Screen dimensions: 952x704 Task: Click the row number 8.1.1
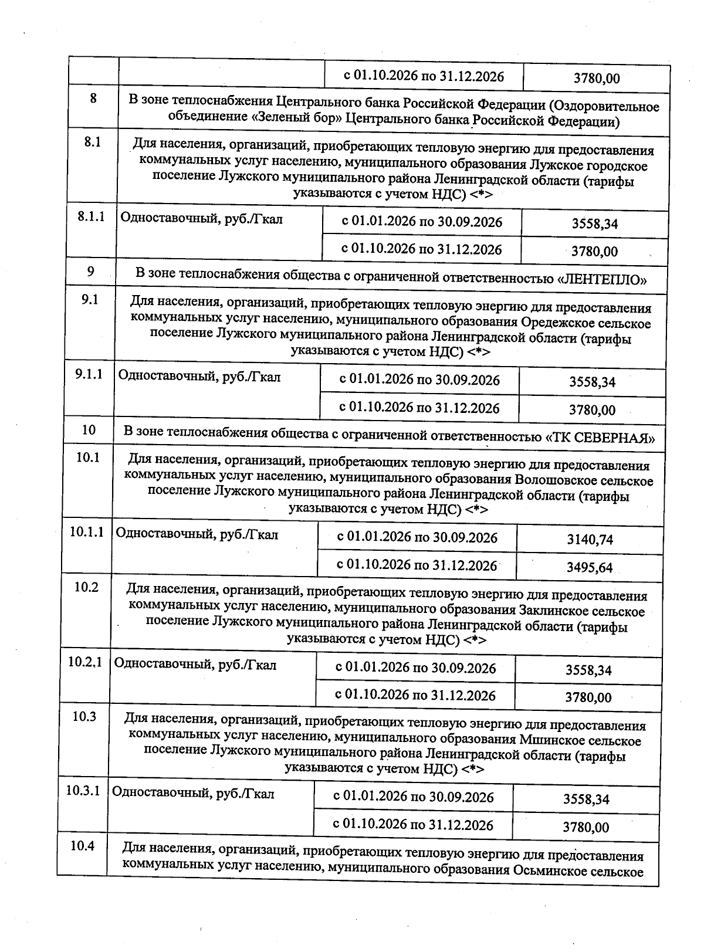(91, 216)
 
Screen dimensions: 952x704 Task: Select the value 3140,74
(590, 539)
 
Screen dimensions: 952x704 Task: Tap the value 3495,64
(589, 567)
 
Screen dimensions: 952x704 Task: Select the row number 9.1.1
(89, 374)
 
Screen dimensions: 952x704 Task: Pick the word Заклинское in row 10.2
(551, 611)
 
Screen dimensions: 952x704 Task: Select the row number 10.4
(82, 846)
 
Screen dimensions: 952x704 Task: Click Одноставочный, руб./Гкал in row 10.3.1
(193, 794)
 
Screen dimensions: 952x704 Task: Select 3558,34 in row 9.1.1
(592, 382)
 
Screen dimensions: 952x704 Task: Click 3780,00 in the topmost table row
(596, 78)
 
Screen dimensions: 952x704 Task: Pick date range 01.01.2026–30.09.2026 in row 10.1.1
(417, 537)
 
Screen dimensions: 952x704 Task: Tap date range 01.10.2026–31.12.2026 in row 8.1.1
(421, 249)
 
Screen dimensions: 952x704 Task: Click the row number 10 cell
(89, 430)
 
